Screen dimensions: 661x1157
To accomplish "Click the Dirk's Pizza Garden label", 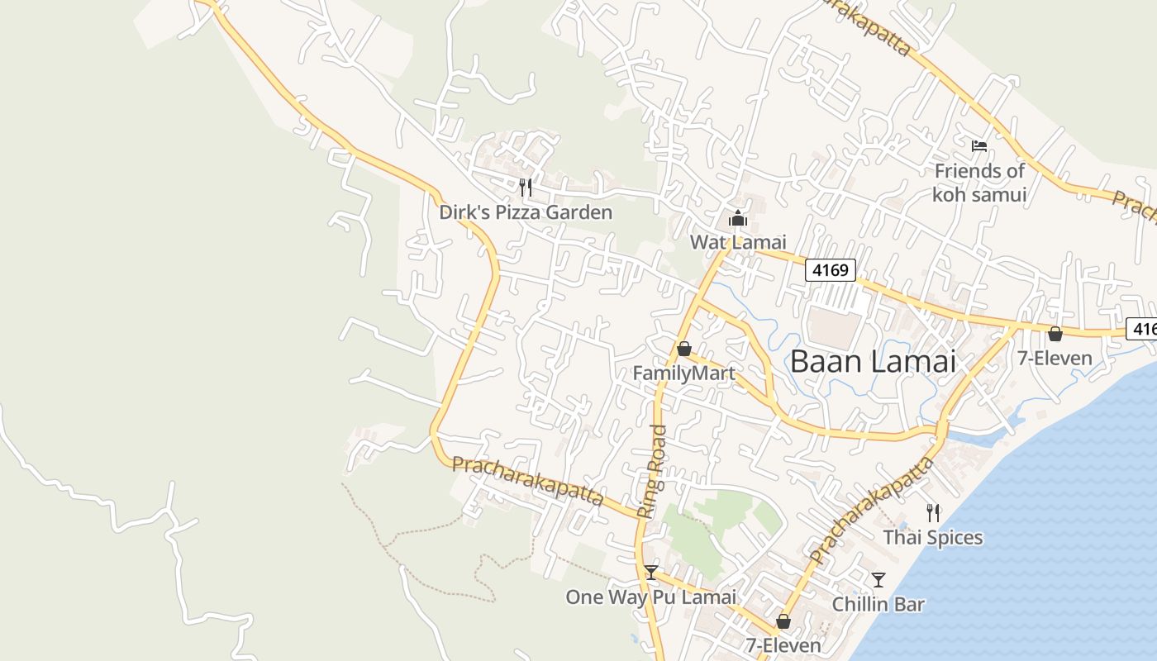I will (526, 212).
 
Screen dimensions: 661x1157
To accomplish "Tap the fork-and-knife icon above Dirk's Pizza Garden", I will (526, 188).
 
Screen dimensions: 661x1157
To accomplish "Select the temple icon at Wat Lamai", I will (737, 219).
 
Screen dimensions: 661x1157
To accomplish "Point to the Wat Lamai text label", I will (737, 242).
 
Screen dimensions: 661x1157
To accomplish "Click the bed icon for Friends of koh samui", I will (979, 146).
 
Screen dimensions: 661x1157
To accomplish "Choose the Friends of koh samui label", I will (979, 183).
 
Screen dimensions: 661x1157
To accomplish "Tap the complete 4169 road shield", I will (830, 269).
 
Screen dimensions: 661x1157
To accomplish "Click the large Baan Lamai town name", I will (873, 361).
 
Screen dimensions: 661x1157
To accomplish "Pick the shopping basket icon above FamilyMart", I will (683, 349).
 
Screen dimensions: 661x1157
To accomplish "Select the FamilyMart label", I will (683, 373).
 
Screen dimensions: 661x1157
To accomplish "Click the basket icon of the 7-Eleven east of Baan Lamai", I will (1055, 335).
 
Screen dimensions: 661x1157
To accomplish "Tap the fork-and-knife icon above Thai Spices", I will (933, 513).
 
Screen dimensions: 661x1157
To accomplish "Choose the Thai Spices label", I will (933, 538).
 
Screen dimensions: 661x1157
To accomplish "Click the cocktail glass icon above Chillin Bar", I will (878, 580).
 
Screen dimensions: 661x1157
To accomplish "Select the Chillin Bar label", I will (878, 604).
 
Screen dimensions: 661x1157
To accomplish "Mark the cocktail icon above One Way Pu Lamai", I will (651, 573).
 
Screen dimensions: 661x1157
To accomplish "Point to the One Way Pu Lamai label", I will (650, 597).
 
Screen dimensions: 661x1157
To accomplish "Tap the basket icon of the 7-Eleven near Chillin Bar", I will (783, 621).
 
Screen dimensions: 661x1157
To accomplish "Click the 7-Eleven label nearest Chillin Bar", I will (783, 645).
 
